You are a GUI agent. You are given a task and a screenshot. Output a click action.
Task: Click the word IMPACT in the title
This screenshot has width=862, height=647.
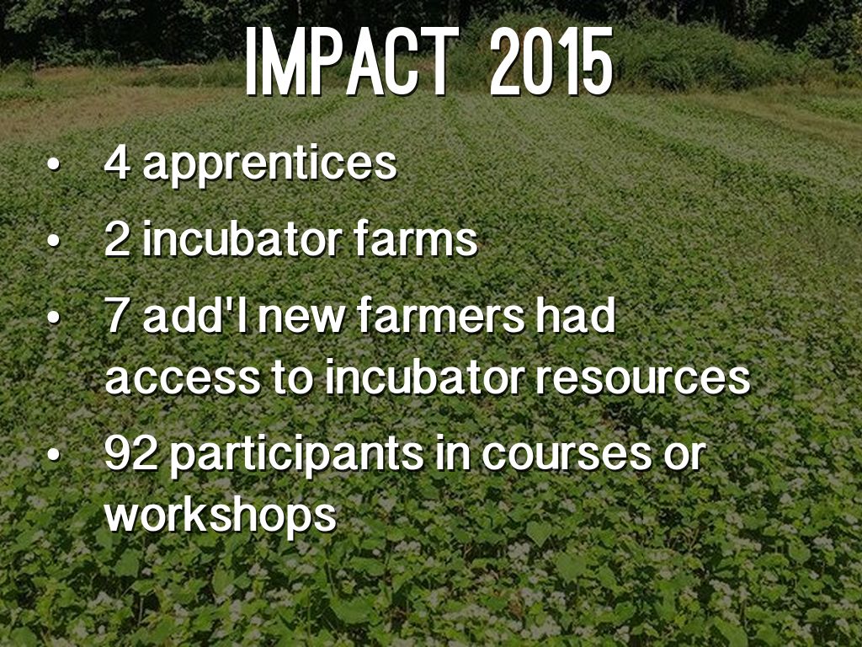[352, 61]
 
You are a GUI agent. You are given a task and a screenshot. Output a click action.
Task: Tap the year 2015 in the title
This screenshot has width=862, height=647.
[551, 61]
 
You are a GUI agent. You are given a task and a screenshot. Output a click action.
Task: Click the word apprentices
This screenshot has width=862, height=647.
[269, 165]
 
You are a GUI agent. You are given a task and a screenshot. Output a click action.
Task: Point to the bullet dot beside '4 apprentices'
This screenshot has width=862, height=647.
[53, 164]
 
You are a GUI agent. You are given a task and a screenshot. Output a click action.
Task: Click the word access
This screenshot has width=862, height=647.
[183, 378]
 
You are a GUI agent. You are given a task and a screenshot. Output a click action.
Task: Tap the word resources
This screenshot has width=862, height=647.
[643, 378]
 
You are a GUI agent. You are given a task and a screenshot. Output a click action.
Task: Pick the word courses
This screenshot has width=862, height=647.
[567, 456]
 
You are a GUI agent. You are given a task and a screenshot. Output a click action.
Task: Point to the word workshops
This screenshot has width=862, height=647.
[221, 516]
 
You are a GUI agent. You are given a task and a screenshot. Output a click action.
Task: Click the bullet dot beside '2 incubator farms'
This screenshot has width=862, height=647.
[53, 240]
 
